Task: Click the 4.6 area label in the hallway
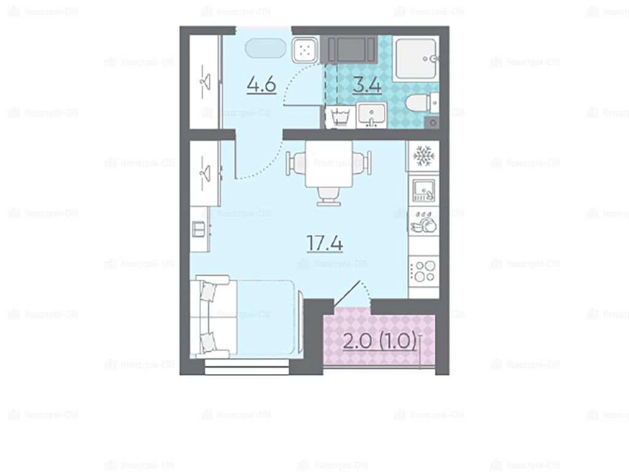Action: [x=262, y=85]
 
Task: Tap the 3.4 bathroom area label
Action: [x=367, y=85]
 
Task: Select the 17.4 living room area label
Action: [x=324, y=243]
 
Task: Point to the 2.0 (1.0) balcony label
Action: [x=380, y=342]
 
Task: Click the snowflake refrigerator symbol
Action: [x=424, y=156]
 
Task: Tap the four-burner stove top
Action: [x=424, y=271]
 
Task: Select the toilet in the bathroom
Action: [x=423, y=103]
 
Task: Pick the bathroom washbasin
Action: [x=372, y=116]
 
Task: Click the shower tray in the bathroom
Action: [x=416, y=60]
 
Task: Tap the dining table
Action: [x=329, y=163]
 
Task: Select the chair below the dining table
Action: [x=329, y=197]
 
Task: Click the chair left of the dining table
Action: [x=296, y=163]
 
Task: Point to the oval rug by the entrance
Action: [x=265, y=49]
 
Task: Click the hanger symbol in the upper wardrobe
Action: [x=205, y=82]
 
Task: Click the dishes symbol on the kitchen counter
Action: [x=424, y=222]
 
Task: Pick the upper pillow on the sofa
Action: [x=208, y=291]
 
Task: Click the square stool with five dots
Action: [x=305, y=50]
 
